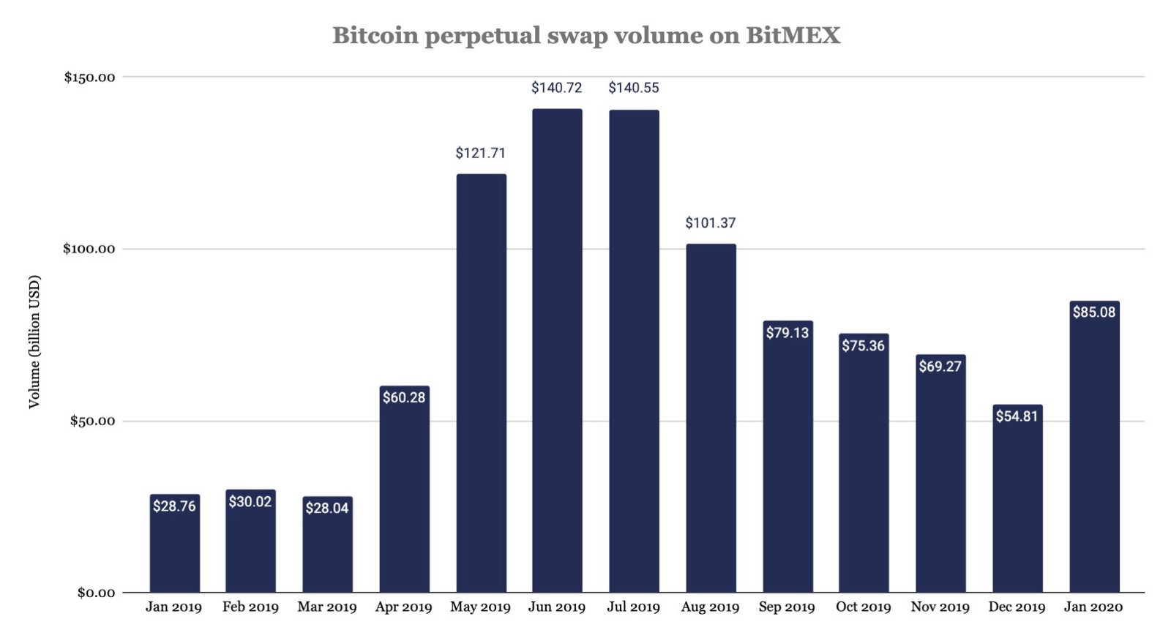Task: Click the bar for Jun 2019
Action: [x=557, y=351]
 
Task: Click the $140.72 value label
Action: [x=557, y=88]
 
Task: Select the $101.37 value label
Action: [x=710, y=222]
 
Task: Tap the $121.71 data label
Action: [x=480, y=153]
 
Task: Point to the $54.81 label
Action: [x=1017, y=416]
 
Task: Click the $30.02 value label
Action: [x=250, y=501]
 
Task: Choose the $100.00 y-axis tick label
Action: [x=89, y=249]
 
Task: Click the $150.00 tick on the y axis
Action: [x=89, y=78]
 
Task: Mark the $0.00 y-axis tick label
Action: [x=97, y=593]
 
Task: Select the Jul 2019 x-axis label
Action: [x=633, y=607]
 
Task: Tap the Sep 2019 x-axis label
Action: [x=787, y=607]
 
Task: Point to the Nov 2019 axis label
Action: [x=940, y=607]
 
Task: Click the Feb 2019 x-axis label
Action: [x=250, y=607]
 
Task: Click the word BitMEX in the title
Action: [x=793, y=35]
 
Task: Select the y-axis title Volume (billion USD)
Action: [x=34, y=342]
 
